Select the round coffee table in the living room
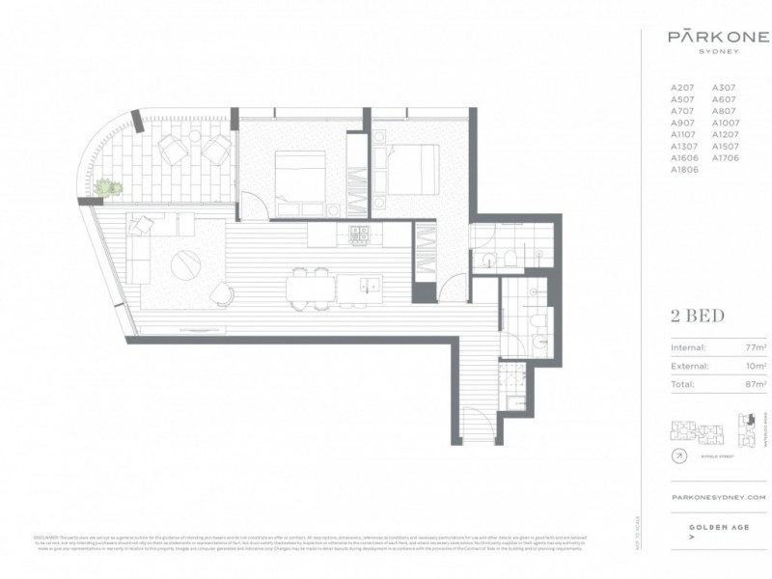tap(186, 262)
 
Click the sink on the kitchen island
tap(367, 284)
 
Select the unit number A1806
tap(684, 169)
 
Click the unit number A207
tap(682, 88)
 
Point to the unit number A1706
tap(725, 157)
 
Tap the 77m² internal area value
tap(756, 348)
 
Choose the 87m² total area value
tap(756, 385)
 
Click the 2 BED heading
tap(697, 316)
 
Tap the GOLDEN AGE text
tap(715, 527)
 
